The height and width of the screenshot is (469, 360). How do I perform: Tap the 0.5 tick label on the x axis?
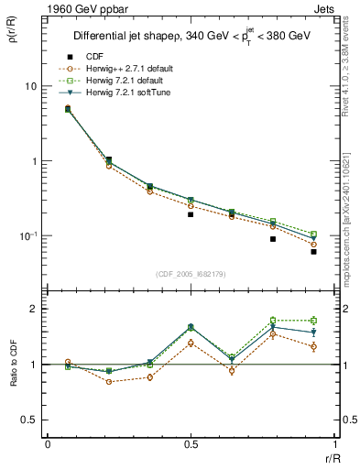pyautogui.click(x=190, y=443)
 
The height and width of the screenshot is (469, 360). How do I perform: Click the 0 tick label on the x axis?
pyautogui.click(x=47, y=443)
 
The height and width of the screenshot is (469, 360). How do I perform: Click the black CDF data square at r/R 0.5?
pyautogui.click(x=191, y=214)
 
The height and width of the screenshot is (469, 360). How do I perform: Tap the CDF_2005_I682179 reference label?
pyautogui.click(x=191, y=274)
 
